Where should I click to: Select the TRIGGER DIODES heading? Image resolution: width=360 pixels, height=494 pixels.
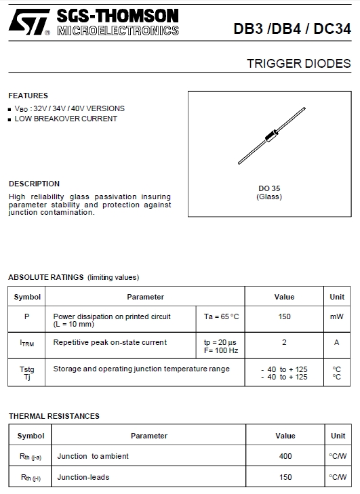tap(298, 64)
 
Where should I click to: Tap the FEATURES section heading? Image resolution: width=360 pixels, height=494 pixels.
tap(28, 96)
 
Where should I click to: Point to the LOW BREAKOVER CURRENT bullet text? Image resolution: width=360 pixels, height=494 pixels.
tap(66, 119)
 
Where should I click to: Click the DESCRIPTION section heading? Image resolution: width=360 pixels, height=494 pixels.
tap(34, 184)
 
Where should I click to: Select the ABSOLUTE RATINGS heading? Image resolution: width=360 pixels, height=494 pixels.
tap(45, 277)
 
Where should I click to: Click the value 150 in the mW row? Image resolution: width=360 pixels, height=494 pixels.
tap(284, 316)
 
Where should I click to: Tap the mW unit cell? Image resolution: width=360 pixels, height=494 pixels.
tap(337, 316)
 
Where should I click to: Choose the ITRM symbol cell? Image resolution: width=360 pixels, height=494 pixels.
tap(27, 343)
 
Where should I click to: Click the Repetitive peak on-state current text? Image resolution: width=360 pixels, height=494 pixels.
tap(110, 342)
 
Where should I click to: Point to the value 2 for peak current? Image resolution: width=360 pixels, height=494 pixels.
tap(284, 342)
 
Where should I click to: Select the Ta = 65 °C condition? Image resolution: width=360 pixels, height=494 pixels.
tap(221, 316)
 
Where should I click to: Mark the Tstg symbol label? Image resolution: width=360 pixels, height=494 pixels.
tap(27, 369)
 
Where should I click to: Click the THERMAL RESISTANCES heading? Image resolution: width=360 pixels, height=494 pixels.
tap(54, 416)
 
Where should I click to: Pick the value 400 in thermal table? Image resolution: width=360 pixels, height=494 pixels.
tap(285, 456)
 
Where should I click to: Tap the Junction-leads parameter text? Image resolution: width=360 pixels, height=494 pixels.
tap(83, 477)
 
